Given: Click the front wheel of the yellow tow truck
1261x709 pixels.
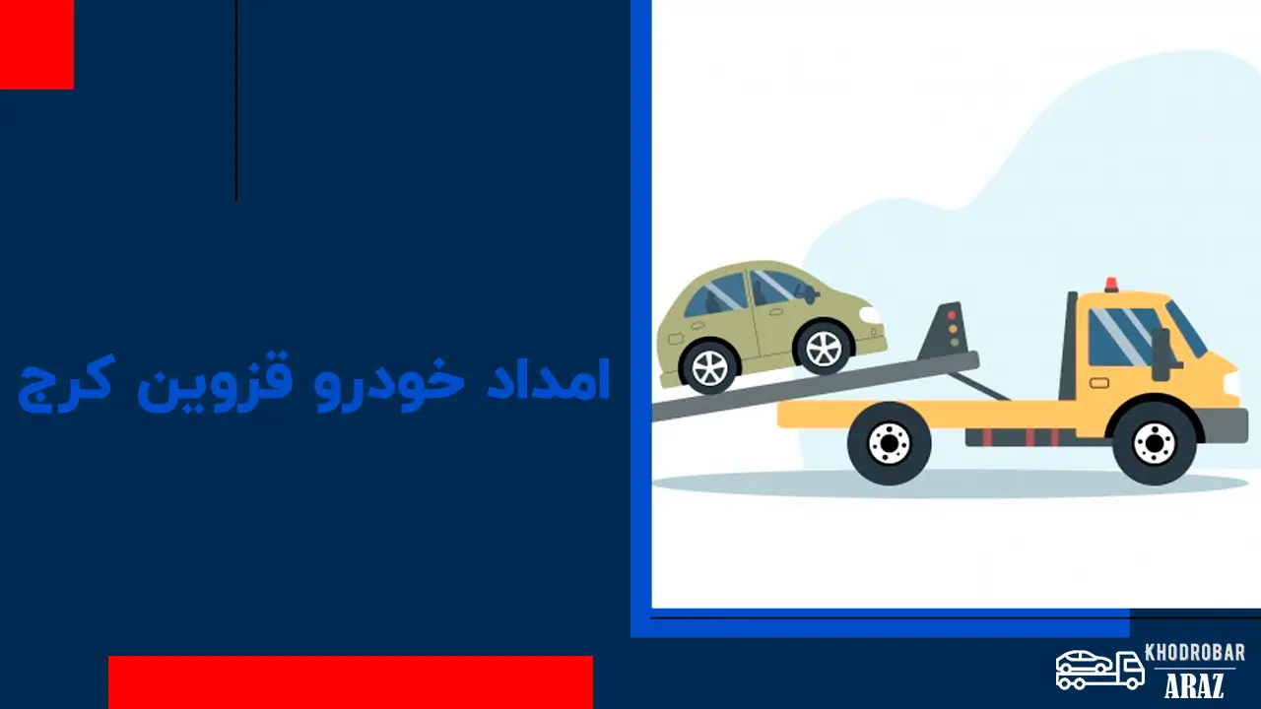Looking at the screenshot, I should tap(1155, 443).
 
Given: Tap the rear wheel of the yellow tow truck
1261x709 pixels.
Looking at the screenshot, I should tap(890, 443).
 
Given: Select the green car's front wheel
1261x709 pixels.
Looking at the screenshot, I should tap(823, 347).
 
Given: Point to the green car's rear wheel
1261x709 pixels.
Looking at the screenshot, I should tap(709, 364).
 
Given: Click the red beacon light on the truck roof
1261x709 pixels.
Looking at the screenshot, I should tap(1111, 285).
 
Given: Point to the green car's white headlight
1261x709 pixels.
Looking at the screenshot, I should tap(871, 315).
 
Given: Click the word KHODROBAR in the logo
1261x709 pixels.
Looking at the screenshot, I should tap(1195, 654).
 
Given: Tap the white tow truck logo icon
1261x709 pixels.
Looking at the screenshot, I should tap(1098, 669).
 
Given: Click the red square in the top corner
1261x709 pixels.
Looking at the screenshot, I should tap(36, 44).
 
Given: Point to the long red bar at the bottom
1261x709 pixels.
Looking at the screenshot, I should tap(350, 681).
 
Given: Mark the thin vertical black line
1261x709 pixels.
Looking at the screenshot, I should tap(236, 98).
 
